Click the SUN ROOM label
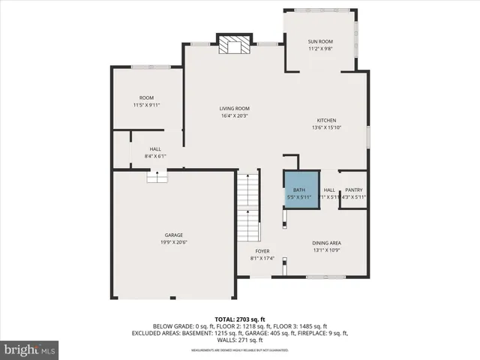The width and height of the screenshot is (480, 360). pyautogui.click(x=320, y=42)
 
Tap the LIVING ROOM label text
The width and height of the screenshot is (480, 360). pyautogui.click(x=234, y=109)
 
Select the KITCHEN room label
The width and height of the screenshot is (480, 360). pyautogui.click(x=325, y=121)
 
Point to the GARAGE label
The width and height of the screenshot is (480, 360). pyautogui.click(x=174, y=235)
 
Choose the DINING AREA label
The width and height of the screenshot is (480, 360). pyautogui.click(x=327, y=243)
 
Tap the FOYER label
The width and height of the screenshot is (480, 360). pyautogui.click(x=262, y=251)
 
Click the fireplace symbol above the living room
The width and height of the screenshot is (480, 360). pyautogui.click(x=232, y=45)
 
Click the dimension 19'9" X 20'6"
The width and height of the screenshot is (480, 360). pyautogui.click(x=174, y=242)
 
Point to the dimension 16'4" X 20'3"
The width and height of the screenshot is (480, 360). pyautogui.click(x=234, y=116)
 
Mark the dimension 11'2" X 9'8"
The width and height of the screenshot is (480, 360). pyautogui.click(x=320, y=49)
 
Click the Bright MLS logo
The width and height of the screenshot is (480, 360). pyautogui.click(x=31, y=350)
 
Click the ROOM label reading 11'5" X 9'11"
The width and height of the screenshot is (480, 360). pyautogui.click(x=146, y=98)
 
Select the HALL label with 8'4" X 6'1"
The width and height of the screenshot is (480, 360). pyautogui.click(x=155, y=149)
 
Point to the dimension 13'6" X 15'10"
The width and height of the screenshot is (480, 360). pyautogui.click(x=325, y=128)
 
